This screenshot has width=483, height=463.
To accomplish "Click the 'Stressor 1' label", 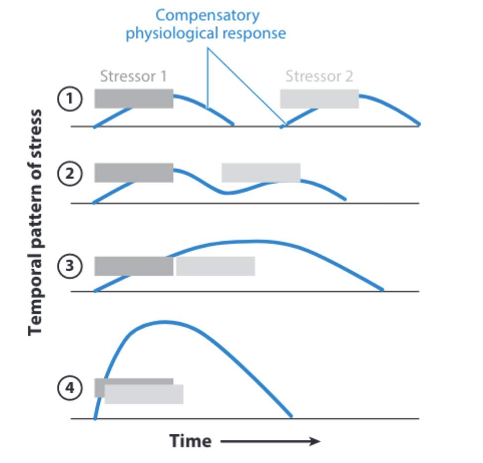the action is [133, 77].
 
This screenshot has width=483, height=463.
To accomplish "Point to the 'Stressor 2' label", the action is [319, 77].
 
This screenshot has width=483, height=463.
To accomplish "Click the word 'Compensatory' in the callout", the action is [207, 15].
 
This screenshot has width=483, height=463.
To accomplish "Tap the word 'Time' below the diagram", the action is [191, 441].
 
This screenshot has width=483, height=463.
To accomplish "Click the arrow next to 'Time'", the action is [270, 441].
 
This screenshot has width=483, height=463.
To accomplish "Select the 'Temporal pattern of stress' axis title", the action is [35, 223].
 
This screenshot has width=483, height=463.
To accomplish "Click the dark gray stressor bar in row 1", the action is [134, 98].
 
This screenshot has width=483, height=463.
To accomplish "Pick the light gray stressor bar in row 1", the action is [319, 99].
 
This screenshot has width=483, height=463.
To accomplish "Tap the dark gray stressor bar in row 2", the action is [134, 173].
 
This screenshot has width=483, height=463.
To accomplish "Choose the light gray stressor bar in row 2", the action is [261, 173].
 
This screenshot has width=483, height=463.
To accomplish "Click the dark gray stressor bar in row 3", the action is [134, 266].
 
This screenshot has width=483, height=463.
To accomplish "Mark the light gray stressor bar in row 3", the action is [215, 266].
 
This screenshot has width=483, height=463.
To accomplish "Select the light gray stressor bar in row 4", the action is [144, 395].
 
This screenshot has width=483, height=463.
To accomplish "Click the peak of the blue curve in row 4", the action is [161, 323].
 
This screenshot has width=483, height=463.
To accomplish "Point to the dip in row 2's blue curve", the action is [226, 193].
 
